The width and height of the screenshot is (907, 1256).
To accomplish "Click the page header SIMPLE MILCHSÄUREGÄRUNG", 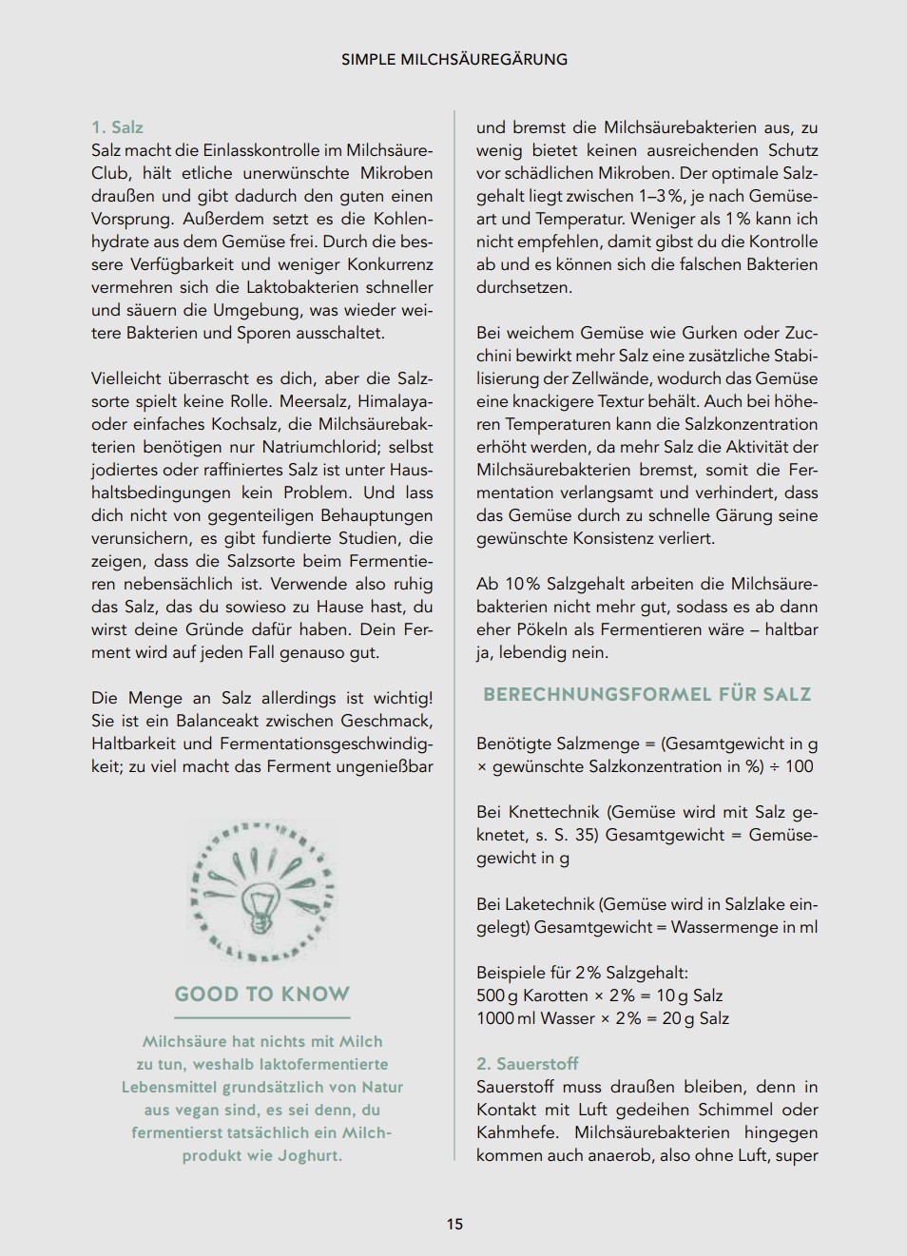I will tap(454, 59).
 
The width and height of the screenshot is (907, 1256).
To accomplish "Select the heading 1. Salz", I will tap(117, 127).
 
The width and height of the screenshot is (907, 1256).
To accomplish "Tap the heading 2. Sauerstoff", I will tap(527, 1064).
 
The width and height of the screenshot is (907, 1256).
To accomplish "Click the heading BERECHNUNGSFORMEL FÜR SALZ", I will tap(646, 694).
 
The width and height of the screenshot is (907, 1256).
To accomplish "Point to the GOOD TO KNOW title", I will tap(262, 995).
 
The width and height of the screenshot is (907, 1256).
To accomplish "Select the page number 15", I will tap(454, 1224).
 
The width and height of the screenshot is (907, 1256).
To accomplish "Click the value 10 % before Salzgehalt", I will tap(523, 584).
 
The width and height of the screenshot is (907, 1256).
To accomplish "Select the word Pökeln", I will tap(541, 629).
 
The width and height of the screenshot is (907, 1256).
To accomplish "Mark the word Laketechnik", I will tap(549, 904).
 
